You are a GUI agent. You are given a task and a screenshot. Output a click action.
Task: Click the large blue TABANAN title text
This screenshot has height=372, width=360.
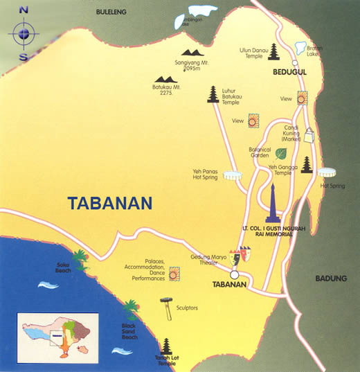[x=109, y=203]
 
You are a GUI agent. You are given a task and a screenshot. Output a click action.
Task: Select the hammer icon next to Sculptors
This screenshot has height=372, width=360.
[x=166, y=308]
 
